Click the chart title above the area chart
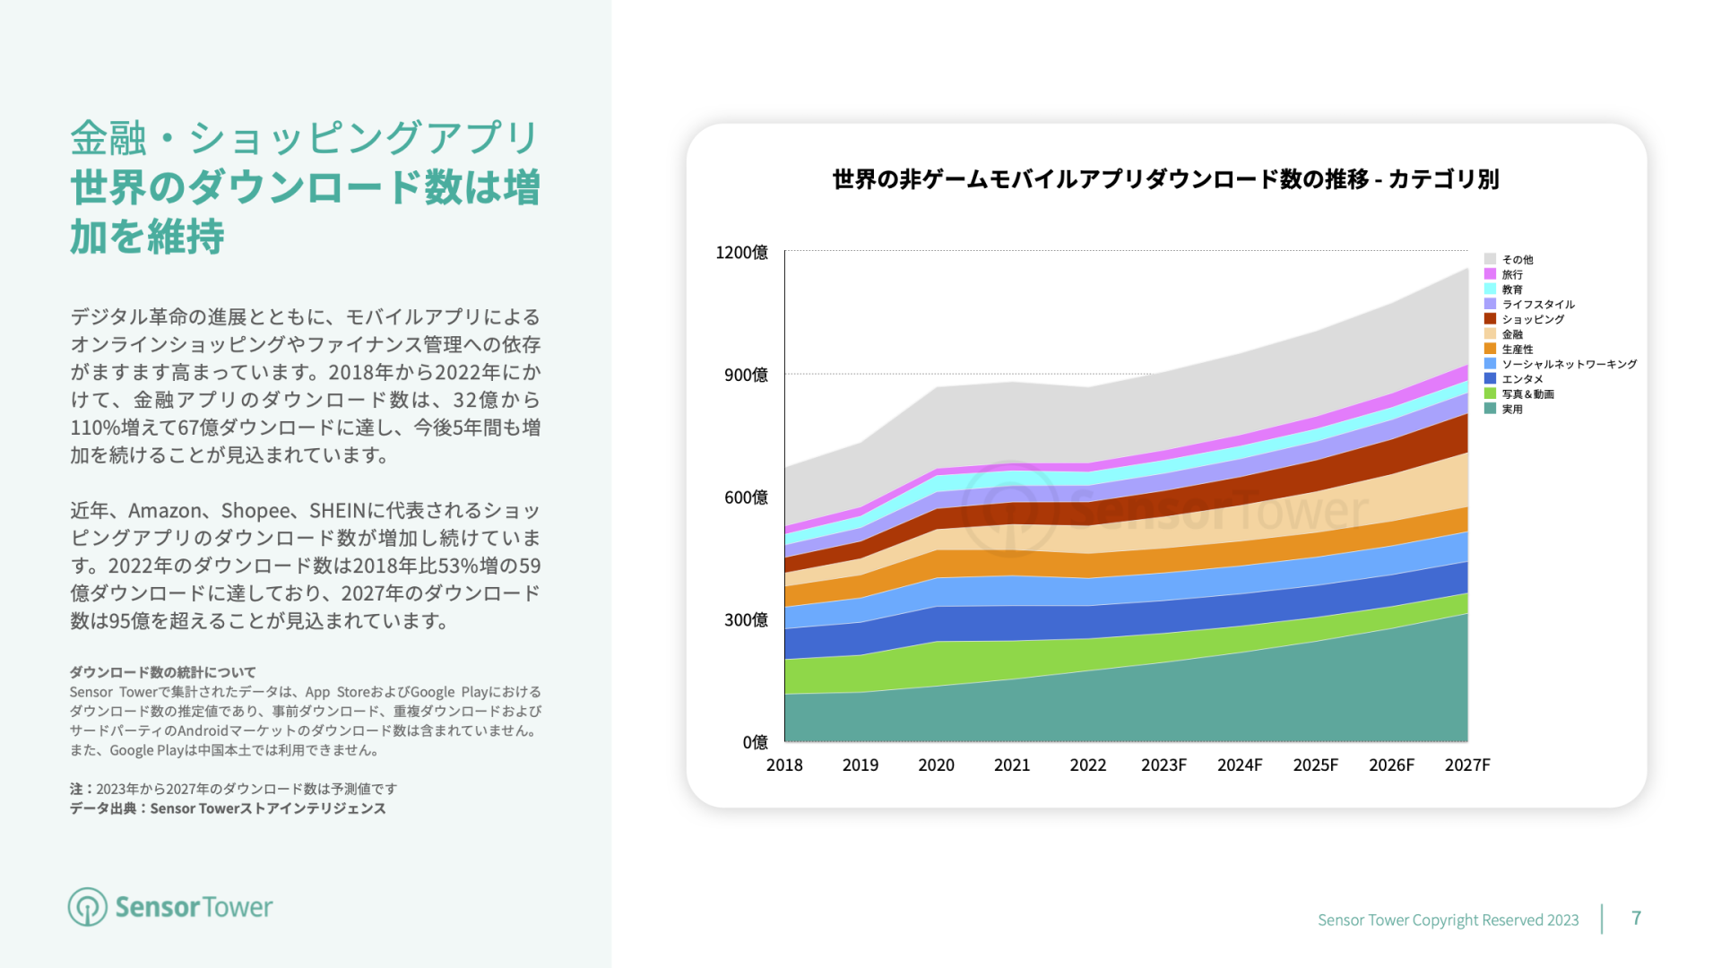click(x=1165, y=179)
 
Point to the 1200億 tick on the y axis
click(x=741, y=253)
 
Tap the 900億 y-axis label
click(x=746, y=375)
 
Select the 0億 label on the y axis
click(x=755, y=742)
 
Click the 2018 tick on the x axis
click(x=784, y=765)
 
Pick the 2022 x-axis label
click(x=1088, y=765)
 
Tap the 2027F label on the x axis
click(x=1467, y=765)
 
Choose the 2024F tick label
click(x=1240, y=765)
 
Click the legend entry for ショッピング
click(x=1533, y=319)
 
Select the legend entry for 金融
click(x=1512, y=334)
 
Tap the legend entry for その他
click(x=1518, y=259)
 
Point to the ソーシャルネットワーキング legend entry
click(x=1569, y=364)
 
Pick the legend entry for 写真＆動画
click(x=1527, y=394)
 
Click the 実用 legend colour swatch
click(x=1490, y=409)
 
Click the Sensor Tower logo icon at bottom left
click(x=88, y=907)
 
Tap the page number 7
click(x=1636, y=918)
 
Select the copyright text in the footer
click(x=1448, y=920)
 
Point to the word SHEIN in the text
click(x=338, y=511)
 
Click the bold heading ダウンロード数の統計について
click(x=163, y=672)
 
